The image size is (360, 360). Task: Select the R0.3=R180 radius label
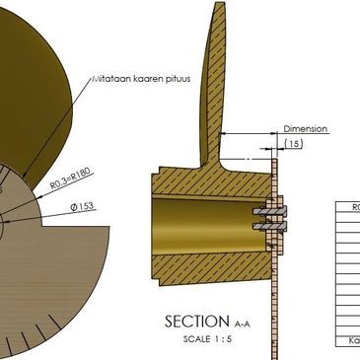pyautogui.click(x=71, y=183)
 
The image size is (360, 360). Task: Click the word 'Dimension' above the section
pyautogui.click(x=305, y=129)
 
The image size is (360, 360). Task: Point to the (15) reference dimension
pyautogui.click(x=293, y=144)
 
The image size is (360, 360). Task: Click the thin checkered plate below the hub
pyautogui.click(x=277, y=296)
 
